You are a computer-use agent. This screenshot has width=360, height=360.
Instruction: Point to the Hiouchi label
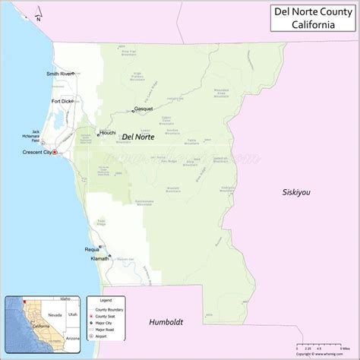coord(108,129)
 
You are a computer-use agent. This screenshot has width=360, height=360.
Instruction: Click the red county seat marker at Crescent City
coord(54,152)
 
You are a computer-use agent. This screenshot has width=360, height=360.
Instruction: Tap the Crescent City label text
coord(35,152)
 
